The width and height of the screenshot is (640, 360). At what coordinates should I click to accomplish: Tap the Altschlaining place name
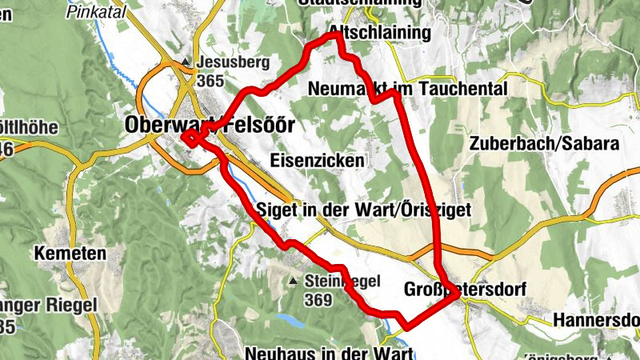379,33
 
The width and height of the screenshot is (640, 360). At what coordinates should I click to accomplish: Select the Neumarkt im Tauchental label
406,89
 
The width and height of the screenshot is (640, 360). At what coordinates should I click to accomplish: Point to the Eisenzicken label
318,160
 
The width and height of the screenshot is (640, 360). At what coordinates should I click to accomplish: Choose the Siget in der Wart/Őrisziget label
359,209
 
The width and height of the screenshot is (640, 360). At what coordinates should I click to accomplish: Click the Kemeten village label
70,254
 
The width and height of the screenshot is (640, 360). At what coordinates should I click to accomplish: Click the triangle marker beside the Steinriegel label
294,281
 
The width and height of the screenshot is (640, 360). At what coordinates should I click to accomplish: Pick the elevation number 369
318,300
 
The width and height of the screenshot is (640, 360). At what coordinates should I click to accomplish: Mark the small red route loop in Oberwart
191,138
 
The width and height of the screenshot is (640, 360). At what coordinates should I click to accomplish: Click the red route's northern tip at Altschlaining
335,36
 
